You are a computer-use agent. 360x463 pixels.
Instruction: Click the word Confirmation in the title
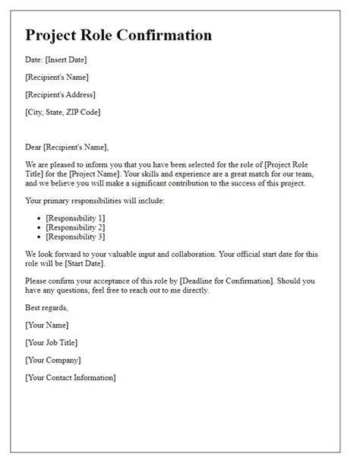163,35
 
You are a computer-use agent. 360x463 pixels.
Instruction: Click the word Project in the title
54,35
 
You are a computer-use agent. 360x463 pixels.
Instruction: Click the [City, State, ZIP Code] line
62,112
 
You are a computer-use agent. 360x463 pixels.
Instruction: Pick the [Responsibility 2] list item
77,228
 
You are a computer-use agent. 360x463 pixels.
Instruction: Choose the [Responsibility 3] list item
77,237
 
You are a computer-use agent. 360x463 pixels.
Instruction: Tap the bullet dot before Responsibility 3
39,237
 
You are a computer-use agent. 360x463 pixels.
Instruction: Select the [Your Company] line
52,360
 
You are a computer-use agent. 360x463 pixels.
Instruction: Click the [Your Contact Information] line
70,378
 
